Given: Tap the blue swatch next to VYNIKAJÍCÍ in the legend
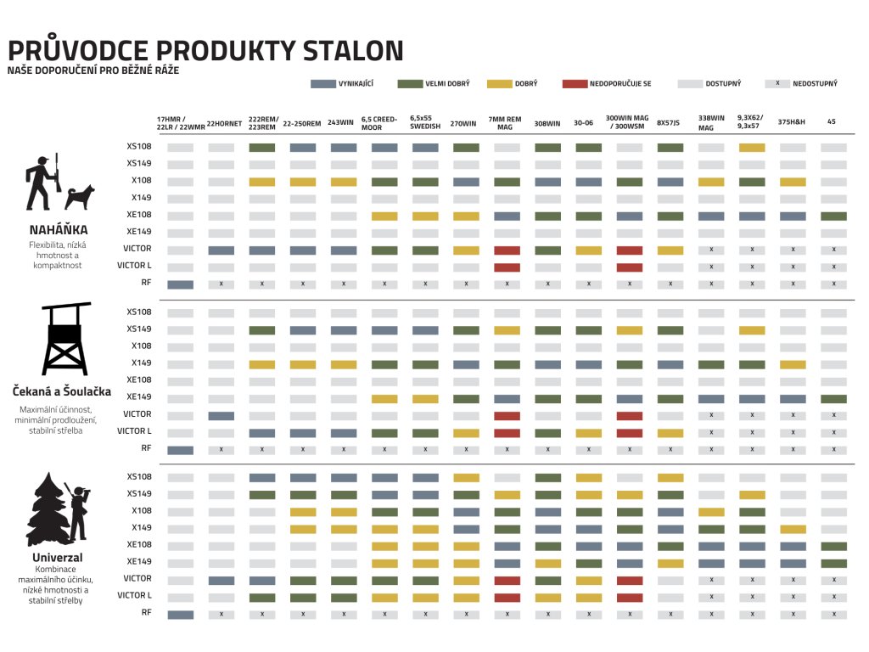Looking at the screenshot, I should click(x=324, y=84).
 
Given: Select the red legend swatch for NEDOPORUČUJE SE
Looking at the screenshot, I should click(x=575, y=84).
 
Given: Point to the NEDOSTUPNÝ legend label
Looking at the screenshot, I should click(x=815, y=84).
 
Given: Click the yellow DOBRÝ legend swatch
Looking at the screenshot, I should click(x=500, y=84).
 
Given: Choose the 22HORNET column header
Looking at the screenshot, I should click(x=224, y=123).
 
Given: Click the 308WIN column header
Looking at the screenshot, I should click(x=547, y=123).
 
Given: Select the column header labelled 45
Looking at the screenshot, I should click(x=832, y=122).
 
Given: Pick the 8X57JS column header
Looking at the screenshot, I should click(x=670, y=123).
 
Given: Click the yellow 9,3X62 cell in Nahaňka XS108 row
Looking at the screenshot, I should click(x=752, y=148).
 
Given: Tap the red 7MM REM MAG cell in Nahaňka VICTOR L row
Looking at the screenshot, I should click(x=507, y=267).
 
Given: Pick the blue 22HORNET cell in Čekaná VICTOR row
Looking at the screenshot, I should click(x=221, y=416).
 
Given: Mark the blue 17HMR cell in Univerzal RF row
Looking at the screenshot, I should click(x=181, y=615).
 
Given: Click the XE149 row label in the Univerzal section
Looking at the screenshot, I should click(x=139, y=562).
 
